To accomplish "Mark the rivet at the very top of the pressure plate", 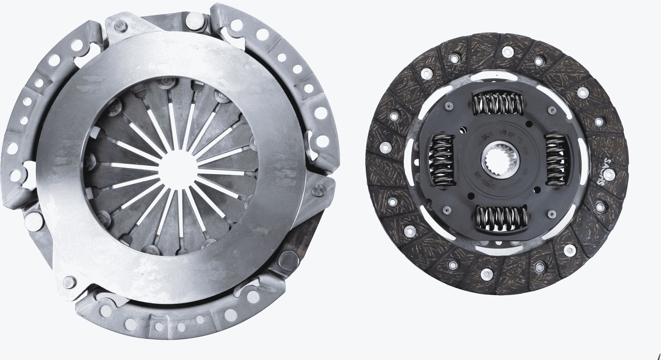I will click(x=196, y=19).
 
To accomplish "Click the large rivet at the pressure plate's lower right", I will click(x=288, y=261).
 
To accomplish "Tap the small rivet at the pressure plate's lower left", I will click(x=69, y=281).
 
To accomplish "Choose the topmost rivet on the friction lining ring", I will click(x=507, y=52).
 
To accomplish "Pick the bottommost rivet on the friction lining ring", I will click(x=487, y=274).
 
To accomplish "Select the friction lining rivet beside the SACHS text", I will click(x=608, y=174).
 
